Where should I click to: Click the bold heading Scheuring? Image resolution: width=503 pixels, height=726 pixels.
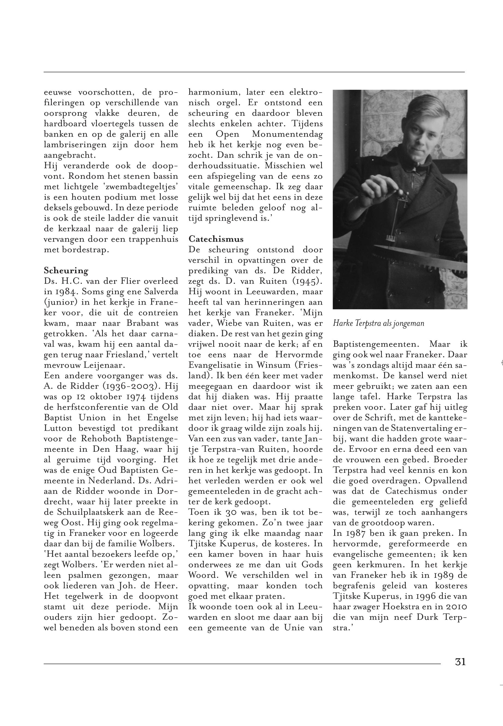66,271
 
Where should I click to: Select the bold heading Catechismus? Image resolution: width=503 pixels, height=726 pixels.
216,239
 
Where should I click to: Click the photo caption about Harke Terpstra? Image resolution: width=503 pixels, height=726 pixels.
378,324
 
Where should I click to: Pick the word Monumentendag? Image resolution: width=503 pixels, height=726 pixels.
287,134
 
